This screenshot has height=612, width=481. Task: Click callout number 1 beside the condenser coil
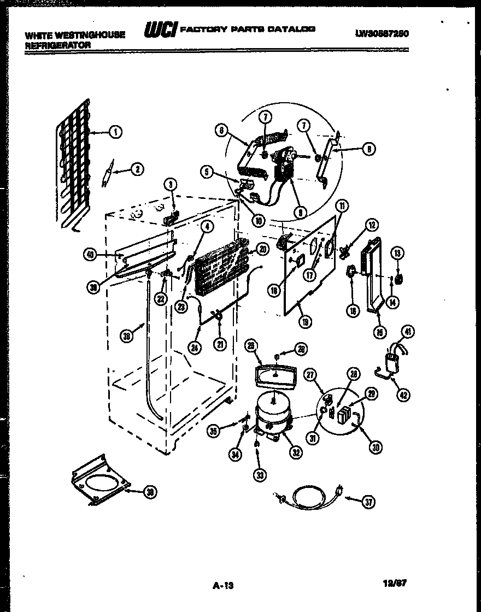pyautogui.click(x=115, y=131)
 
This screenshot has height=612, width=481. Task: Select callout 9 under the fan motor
pyautogui.click(x=299, y=212)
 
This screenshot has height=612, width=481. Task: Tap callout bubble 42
pyautogui.click(x=403, y=396)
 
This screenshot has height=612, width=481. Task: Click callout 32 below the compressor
pyautogui.click(x=296, y=452)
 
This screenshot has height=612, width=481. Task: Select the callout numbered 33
pyautogui.click(x=260, y=475)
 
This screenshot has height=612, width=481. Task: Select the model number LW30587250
pyautogui.click(x=382, y=33)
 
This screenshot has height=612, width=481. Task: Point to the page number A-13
pyautogui.click(x=222, y=586)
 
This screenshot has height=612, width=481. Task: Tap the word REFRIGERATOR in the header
pyautogui.click(x=58, y=45)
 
